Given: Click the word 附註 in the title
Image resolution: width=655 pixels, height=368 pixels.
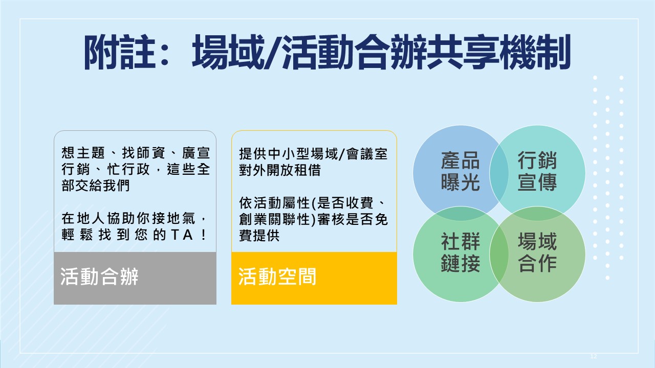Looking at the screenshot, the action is click(x=120, y=53).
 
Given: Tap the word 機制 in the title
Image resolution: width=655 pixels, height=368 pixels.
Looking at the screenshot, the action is click(x=535, y=53).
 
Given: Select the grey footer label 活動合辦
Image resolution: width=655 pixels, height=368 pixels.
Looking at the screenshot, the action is click(x=99, y=277).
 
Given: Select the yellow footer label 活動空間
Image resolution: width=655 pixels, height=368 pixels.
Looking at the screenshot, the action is click(x=277, y=277).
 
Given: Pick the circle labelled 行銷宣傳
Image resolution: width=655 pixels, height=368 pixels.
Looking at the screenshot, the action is click(x=537, y=173).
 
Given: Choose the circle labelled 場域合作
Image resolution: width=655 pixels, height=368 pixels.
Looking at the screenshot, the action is click(x=537, y=254).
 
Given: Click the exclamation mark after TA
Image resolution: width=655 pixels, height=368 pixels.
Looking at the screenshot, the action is click(x=204, y=235).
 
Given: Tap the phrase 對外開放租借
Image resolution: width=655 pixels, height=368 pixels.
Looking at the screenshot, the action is click(x=280, y=170).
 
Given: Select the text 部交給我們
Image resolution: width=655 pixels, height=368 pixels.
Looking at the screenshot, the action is click(x=95, y=185).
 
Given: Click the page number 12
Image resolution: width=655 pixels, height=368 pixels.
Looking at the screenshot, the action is click(x=594, y=356).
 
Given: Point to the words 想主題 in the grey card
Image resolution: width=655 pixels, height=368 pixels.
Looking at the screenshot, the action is click(x=83, y=153).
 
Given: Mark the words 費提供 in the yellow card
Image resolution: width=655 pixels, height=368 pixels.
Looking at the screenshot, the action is click(x=259, y=236).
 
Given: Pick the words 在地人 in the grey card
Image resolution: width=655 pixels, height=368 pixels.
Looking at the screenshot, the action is click(x=83, y=218).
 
